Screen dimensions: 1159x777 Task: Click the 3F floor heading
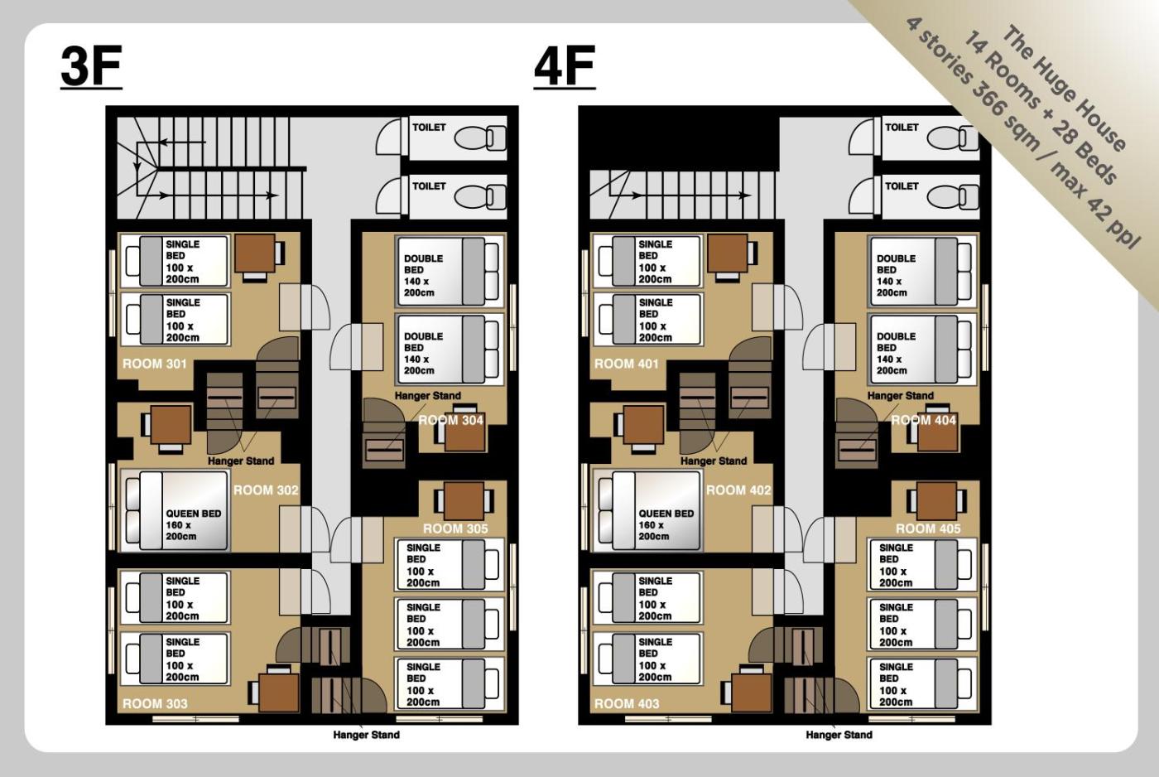(x=91, y=66)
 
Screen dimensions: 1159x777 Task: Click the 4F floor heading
(x=565, y=66)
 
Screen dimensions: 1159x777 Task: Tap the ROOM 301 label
(x=154, y=364)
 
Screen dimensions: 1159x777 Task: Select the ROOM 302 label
(x=266, y=490)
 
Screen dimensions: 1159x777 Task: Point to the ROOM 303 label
(x=155, y=703)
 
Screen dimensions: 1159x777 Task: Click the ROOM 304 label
(x=450, y=420)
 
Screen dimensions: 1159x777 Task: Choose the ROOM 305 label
(x=455, y=528)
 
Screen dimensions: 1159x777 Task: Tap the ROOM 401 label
(x=626, y=364)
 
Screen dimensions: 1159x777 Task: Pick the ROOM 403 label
(x=627, y=703)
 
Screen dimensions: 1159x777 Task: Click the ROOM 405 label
(x=928, y=528)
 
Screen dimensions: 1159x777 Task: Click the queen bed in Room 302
(x=175, y=511)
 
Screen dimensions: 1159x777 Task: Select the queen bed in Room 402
(x=647, y=511)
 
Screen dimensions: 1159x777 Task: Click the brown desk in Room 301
(x=255, y=253)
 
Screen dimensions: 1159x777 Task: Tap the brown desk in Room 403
(x=752, y=693)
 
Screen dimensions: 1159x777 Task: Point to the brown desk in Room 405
(x=936, y=501)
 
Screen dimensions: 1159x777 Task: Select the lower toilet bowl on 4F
(x=953, y=197)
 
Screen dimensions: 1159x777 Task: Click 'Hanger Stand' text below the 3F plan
(x=366, y=735)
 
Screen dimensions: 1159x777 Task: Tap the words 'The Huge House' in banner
(x=1064, y=89)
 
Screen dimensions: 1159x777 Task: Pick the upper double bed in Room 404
(x=922, y=271)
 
